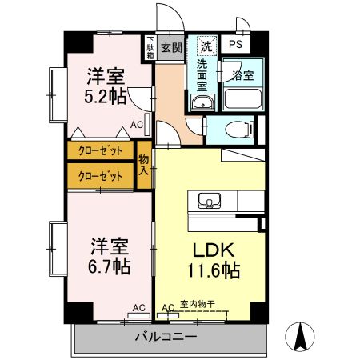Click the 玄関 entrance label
170,46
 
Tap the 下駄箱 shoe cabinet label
150,47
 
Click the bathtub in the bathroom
242,100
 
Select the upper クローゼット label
102,150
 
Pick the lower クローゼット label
102,176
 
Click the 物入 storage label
145,164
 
